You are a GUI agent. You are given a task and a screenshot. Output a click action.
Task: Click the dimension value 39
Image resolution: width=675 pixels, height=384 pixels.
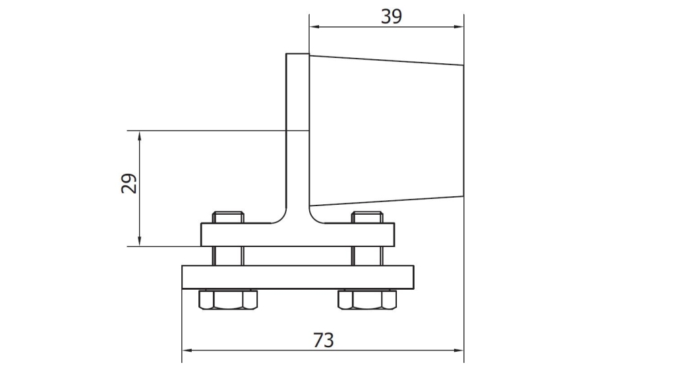tap(392, 16)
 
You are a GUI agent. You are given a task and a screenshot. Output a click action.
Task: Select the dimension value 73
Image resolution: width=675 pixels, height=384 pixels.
tap(323, 340)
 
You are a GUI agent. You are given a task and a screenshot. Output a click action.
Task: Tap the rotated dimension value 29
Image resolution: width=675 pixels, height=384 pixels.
tap(129, 184)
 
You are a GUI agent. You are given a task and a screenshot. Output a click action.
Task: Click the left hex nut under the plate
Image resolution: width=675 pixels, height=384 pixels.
tap(228, 300)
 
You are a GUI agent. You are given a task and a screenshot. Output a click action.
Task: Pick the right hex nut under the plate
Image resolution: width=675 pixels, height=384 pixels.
tap(367, 300)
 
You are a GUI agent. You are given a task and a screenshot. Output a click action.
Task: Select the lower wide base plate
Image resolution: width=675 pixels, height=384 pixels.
tap(297, 277)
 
